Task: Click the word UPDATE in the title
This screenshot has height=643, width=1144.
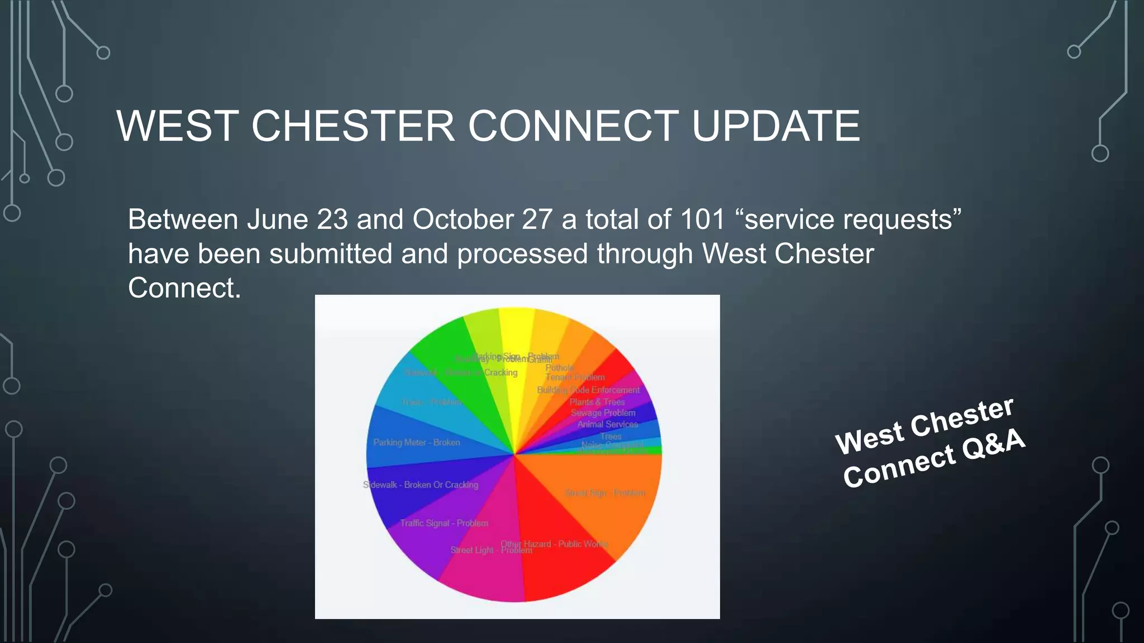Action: coord(775,126)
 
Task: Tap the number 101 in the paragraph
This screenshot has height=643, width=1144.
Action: coord(702,219)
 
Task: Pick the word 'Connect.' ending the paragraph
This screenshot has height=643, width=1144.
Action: coord(184,288)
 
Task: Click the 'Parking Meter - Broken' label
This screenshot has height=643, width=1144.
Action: coord(417,443)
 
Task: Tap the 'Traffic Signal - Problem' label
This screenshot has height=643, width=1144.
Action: coord(444,523)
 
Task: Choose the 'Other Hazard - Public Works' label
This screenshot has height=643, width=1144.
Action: coord(554,543)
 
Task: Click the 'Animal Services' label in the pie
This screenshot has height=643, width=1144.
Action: coord(607,424)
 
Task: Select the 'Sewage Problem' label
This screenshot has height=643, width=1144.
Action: coord(603,413)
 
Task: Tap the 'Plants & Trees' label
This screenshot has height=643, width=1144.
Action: coord(597,402)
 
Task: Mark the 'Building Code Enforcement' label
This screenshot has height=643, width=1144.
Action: coord(588,390)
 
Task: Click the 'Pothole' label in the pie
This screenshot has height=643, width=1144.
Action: coord(560,368)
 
